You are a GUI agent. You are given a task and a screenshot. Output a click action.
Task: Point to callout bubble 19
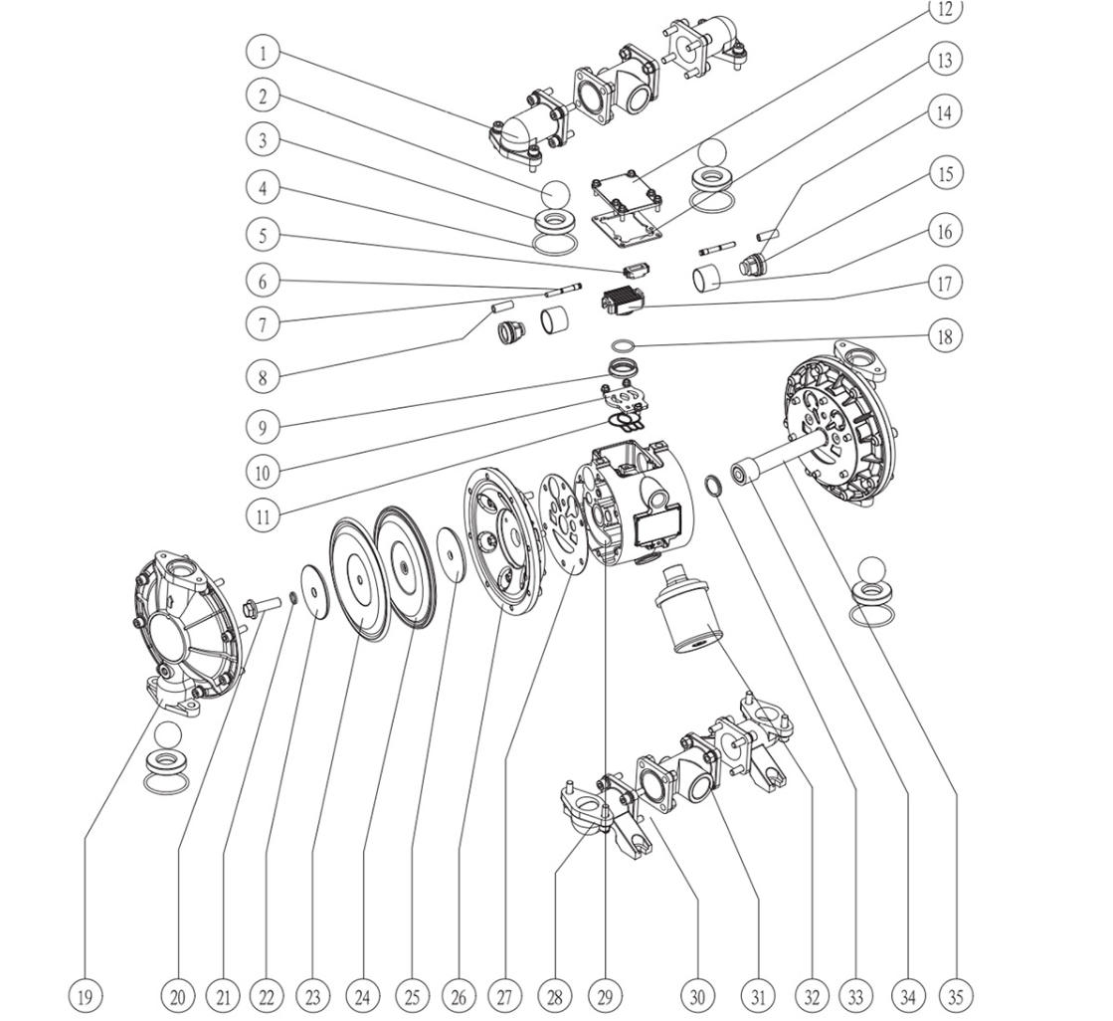tap(86, 994)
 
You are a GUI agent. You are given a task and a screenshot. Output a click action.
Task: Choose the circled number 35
tap(956, 994)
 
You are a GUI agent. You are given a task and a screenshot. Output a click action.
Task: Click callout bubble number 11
tap(263, 515)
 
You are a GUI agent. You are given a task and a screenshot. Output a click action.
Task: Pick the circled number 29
tap(605, 994)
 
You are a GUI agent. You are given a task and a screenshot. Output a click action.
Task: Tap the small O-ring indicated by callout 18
tap(623, 345)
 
